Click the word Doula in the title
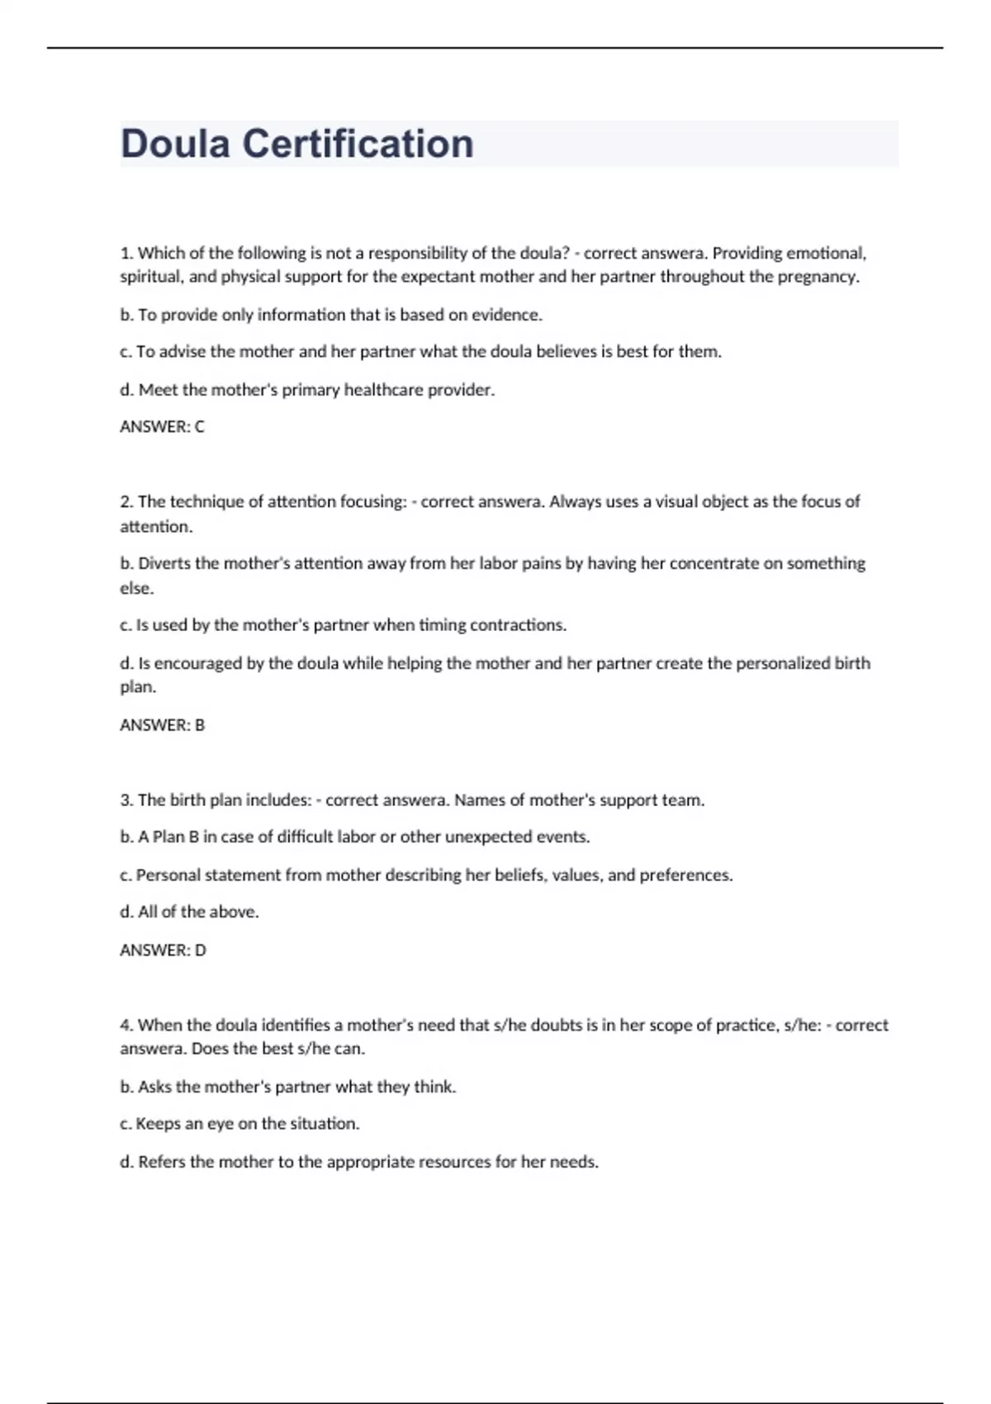(x=175, y=144)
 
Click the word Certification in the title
(x=358, y=144)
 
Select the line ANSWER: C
(x=162, y=427)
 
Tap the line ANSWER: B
(x=162, y=725)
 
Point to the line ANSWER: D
(x=163, y=951)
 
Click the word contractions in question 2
(x=518, y=625)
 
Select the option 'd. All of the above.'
(x=189, y=912)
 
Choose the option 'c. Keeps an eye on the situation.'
(x=239, y=1124)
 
